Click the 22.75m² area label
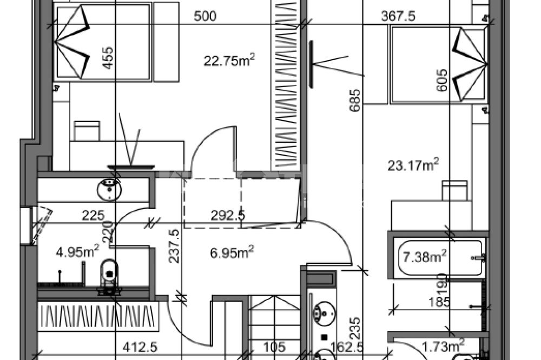[x=229, y=61]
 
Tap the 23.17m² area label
[x=413, y=165]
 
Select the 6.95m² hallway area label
[x=232, y=252]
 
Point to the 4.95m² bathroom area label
[x=77, y=251]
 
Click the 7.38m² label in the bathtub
[x=425, y=256]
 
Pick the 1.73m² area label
[x=444, y=346]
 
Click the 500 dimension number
[x=205, y=16]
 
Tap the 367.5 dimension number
[x=398, y=16]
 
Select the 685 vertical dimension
[x=355, y=100]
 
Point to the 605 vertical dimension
[x=442, y=80]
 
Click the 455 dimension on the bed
[x=108, y=58]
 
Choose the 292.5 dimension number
[x=228, y=216]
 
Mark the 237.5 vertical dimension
[x=175, y=246]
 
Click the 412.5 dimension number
[x=140, y=346]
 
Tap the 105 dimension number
[x=274, y=346]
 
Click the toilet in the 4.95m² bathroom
[x=109, y=276]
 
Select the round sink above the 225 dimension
[x=110, y=189]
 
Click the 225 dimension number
[x=93, y=216]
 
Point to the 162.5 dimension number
[x=347, y=346]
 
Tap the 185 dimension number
[x=439, y=302]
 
